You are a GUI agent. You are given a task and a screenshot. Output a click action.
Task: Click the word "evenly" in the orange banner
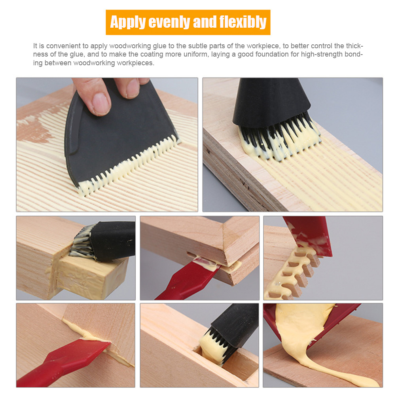coord(169,22)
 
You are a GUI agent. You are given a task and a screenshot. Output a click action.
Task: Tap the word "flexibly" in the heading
coord(243,22)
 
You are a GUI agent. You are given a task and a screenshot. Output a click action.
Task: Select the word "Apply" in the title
coord(128,22)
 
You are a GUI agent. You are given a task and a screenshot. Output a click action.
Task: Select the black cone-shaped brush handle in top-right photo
coord(271,101)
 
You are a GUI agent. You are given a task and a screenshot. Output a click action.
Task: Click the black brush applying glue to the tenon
coord(104,241)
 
